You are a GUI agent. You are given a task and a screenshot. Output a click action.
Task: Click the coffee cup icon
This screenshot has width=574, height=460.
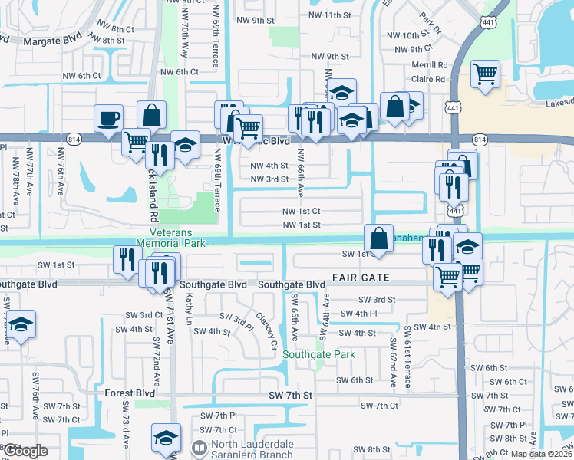pyautogui.click(x=108, y=119)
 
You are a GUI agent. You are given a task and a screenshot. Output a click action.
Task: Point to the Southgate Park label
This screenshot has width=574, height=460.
pyautogui.click(x=318, y=354)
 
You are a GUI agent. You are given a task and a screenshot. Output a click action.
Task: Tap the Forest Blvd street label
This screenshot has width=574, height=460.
pyautogui.click(x=130, y=393)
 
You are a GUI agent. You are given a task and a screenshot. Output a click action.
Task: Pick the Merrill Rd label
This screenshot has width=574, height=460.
pyautogui.click(x=429, y=65)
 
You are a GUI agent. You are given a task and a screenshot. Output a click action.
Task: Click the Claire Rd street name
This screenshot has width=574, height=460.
pyautogui.click(x=429, y=78)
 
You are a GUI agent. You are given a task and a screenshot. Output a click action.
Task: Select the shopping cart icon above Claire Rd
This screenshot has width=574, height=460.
pyautogui.click(x=485, y=74)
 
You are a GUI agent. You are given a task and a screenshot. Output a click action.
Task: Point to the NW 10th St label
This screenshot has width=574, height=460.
pyautogui.click(x=407, y=35)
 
